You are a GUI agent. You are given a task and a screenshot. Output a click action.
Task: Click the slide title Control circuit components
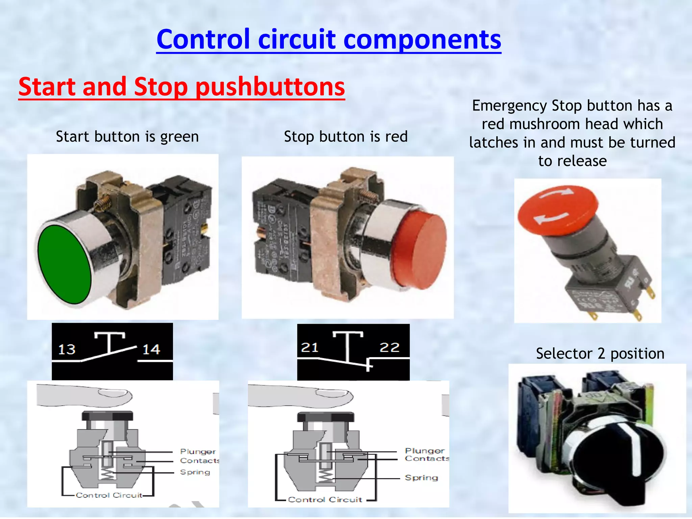(x=328, y=39)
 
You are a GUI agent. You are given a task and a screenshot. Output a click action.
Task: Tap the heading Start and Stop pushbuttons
(x=181, y=86)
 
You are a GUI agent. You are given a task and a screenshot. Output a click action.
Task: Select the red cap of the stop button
(x=420, y=250)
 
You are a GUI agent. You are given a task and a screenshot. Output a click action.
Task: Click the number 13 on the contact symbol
(x=67, y=349)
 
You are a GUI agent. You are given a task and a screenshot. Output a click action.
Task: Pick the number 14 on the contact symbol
(x=151, y=349)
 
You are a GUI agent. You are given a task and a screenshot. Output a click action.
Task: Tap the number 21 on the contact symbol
(x=310, y=347)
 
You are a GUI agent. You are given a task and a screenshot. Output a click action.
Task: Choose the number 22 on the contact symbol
(x=390, y=347)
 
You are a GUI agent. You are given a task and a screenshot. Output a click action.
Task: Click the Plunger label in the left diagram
(x=198, y=451)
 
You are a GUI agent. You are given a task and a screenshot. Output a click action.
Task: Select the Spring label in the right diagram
(x=421, y=477)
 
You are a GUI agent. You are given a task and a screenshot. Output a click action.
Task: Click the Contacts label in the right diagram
(x=427, y=459)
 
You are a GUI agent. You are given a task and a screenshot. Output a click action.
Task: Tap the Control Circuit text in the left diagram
(x=109, y=495)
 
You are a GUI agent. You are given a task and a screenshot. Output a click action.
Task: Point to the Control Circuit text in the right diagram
(x=325, y=499)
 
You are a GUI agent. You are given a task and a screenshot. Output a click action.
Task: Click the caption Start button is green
(x=127, y=137)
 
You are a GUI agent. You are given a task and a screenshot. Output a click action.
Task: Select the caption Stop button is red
(x=346, y=137)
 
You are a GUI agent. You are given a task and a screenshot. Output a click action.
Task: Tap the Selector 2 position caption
(x=600, y=354)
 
